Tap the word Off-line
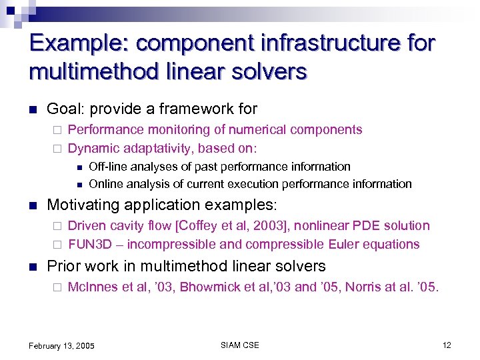click(107, 167)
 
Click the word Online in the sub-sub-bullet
click(105, 184)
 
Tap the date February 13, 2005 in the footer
click(61, 345)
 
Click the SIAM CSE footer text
click(239, 345)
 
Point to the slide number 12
click(446, 345)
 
